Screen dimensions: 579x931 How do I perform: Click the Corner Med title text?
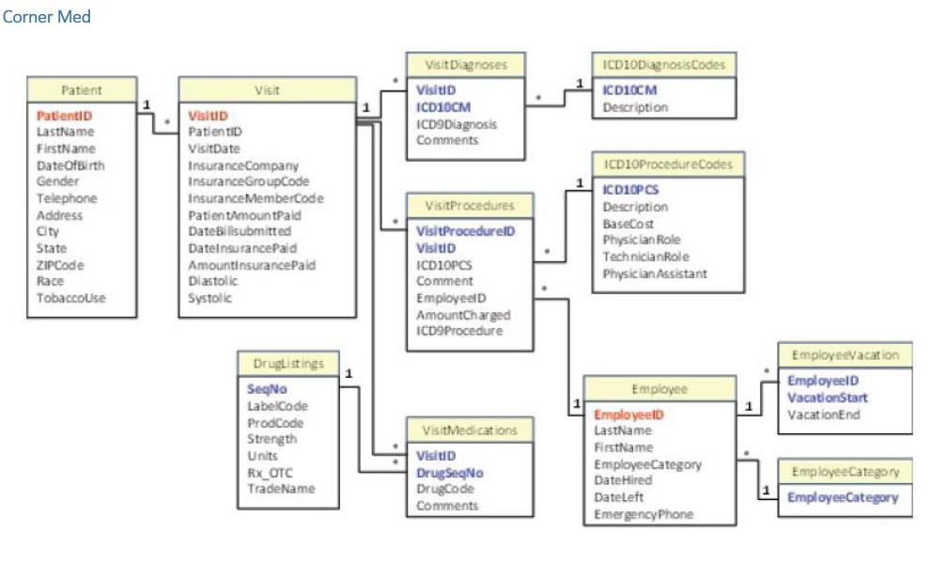(47, 17)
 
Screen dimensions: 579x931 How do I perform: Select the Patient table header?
(81, 90)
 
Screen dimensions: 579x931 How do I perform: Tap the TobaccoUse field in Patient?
(71, 298)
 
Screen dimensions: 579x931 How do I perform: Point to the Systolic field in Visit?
(210, 298)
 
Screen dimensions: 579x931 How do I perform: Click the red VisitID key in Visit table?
(209, 116)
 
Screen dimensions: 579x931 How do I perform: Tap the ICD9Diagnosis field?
(457, 124)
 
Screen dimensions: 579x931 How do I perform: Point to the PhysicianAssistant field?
(655, 274)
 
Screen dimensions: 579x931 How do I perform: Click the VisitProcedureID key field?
(465, 230)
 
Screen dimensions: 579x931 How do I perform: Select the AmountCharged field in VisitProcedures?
(463, 315)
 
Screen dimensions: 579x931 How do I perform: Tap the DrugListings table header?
(288, 364)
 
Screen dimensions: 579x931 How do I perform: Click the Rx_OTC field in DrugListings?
(269, 472)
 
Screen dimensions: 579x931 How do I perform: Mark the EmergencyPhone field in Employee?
(644, 514)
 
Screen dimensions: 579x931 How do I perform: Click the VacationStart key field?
(827, 398)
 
